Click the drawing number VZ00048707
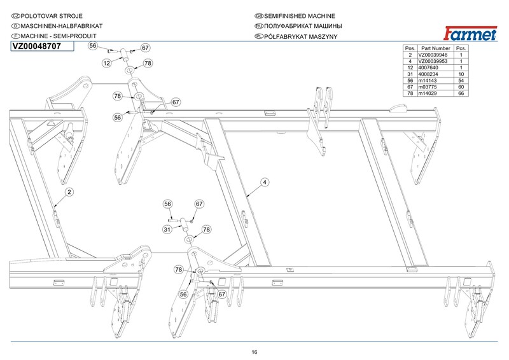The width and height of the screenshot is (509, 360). [x=37, y=46]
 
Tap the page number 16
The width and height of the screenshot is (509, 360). [x=254, y=352]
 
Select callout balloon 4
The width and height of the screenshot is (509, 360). [x=263, y=182]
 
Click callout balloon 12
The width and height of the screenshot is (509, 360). [x=107, y=63]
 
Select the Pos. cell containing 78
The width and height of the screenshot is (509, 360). [x=410, y=93]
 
